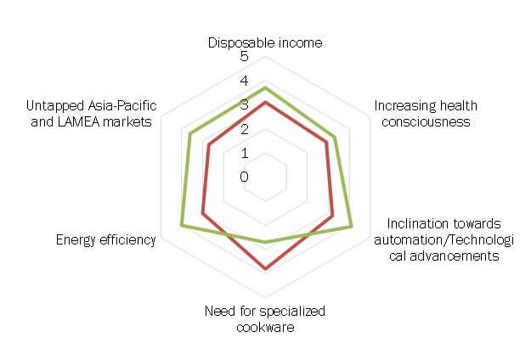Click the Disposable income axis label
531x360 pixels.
pos(266,43)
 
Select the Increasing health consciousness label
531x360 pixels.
pos(426,114)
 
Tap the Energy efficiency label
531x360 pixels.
pos(105,240)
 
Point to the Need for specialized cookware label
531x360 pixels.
pos(265,318)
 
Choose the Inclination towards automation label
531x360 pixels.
pos(437,239)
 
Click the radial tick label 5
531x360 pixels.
pos(245,58)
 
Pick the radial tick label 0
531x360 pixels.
pos(245,177)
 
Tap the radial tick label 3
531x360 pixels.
pos(245,105)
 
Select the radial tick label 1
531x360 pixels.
pos(245,154)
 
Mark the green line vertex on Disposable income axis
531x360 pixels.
pos(266,87)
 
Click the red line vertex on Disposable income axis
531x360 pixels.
pos(266,103)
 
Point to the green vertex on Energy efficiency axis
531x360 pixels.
pos(182,225)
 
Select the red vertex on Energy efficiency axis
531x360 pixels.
pos(202,213)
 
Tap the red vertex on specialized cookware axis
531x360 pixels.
pos(266,269)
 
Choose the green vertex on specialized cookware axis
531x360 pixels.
pos(266,242)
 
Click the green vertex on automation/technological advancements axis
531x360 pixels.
pos(352,226)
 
